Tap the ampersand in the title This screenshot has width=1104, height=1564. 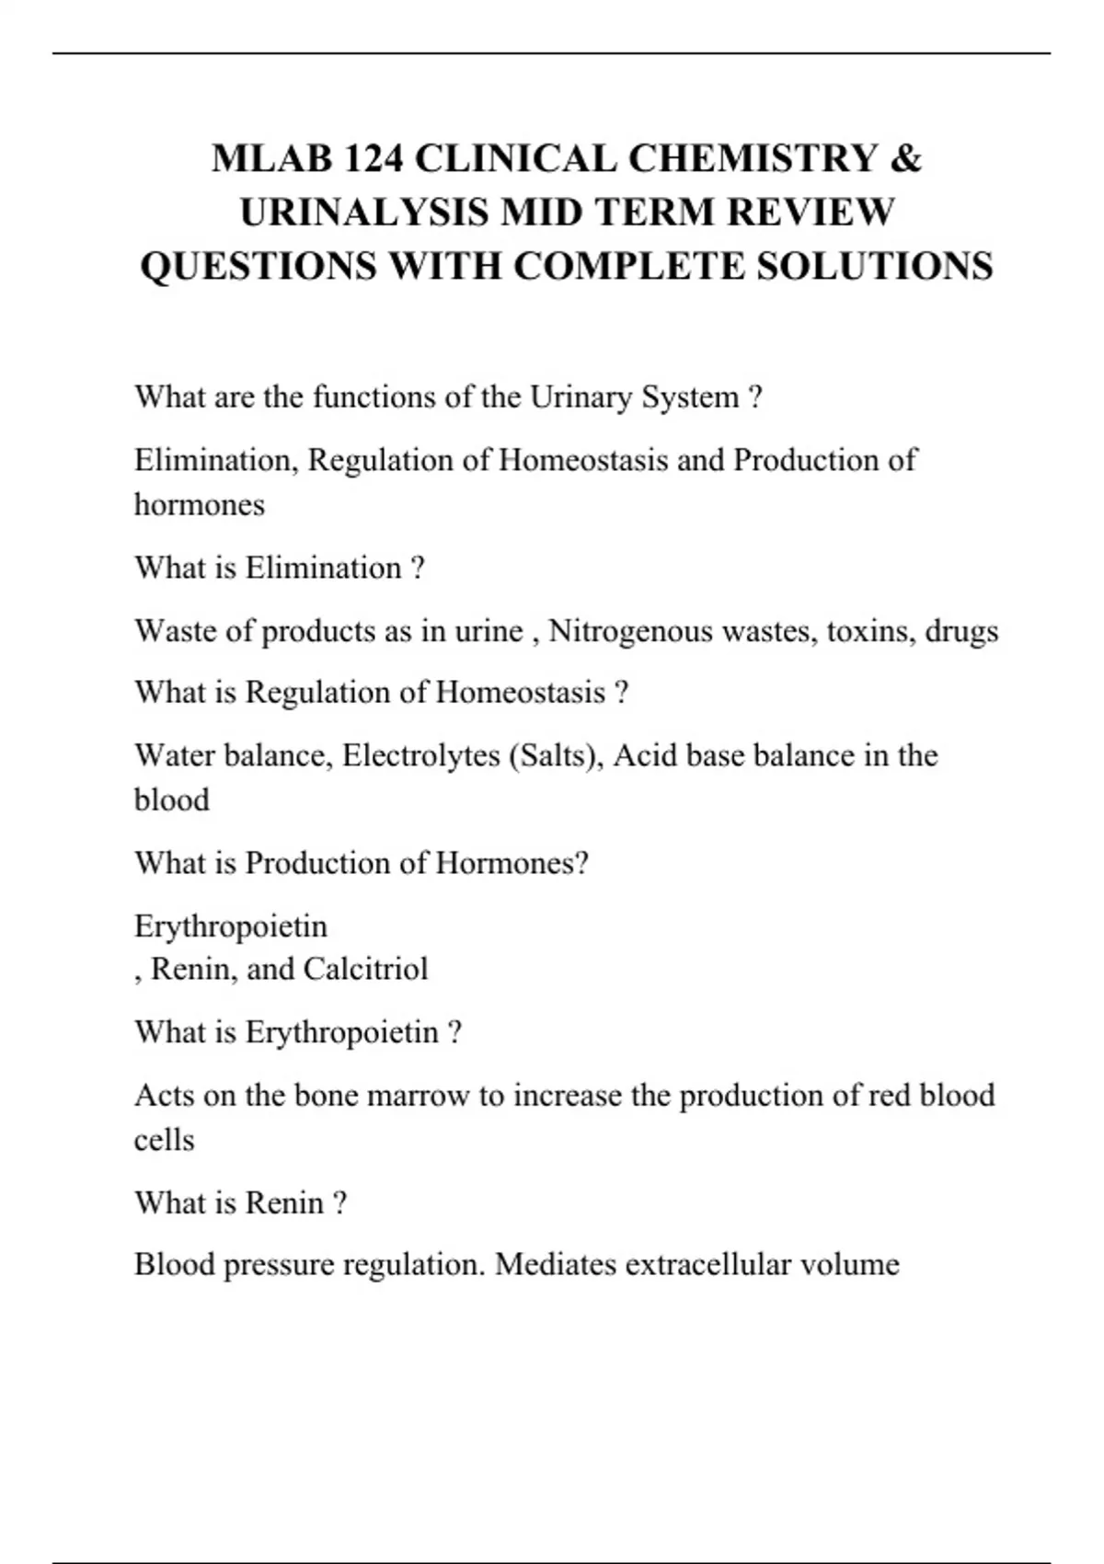coord(905,158)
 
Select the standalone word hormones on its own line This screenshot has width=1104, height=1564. coord(199,505)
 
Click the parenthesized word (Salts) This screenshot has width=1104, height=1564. coord(555,755)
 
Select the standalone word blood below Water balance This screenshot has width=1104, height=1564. coord(171,799)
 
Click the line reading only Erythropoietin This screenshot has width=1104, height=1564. coord(230,926)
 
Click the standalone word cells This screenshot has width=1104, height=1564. coord(164,1140)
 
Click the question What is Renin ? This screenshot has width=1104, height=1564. coord(240,1203)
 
